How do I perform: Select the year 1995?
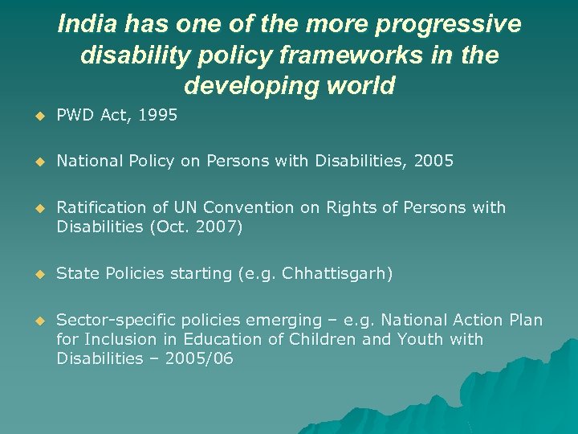(x=157, y=115)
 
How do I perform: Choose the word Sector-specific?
(x=108, y=320)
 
